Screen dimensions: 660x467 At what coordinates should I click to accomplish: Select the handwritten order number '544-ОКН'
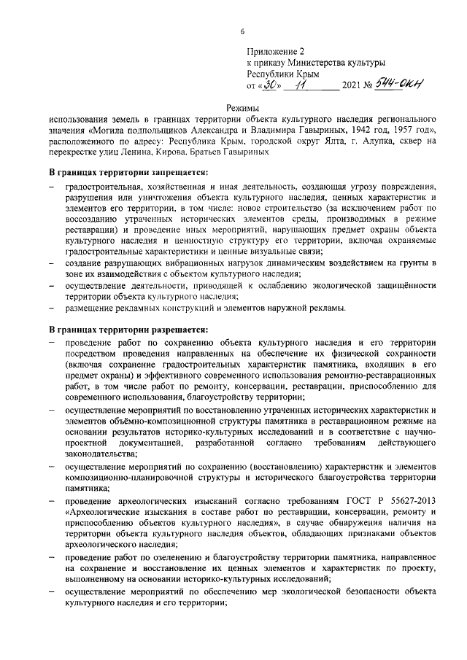[395, 85]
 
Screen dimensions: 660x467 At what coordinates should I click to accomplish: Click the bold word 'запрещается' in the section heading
[176, 173]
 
